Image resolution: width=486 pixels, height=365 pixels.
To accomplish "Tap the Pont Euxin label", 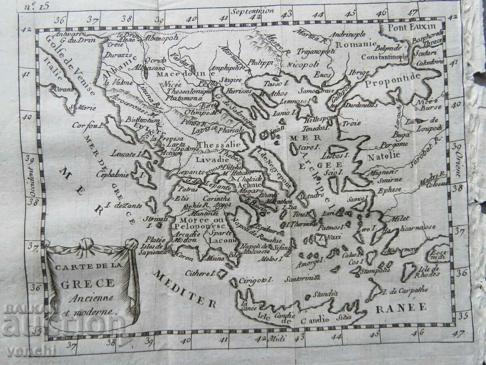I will [x=399, y=28].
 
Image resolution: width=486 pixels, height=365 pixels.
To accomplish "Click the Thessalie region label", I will [x=219, y=144].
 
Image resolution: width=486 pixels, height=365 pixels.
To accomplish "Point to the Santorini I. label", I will [x=299, y=279].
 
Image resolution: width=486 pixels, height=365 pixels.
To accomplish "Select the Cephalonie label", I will [x=113, y=174].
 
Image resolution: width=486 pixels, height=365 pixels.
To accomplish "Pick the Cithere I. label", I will [x=200, y=273].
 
